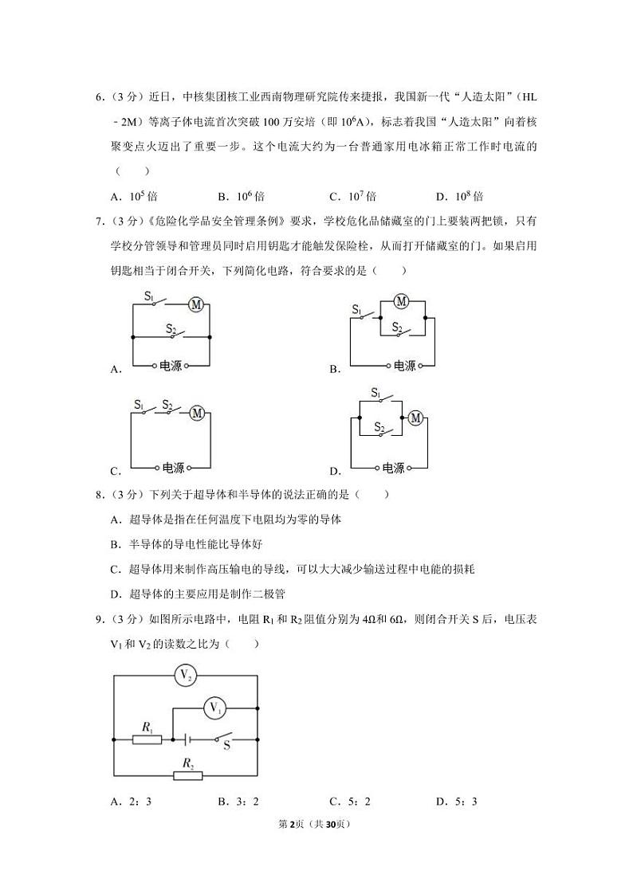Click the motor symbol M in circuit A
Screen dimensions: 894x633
point(196,303)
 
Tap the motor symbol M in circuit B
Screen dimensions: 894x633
point(402,301)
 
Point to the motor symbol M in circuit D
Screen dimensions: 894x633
point(415,418)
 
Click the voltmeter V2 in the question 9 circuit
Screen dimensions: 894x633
point(186,675)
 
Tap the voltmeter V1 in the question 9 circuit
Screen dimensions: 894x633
point(214,706)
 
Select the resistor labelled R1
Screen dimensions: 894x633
point(147,739)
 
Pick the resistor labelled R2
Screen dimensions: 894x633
point(188,775)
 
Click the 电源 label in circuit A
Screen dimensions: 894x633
point(171,366)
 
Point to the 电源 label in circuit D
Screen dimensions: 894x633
point(393,468)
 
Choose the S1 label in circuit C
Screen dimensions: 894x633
point(139,405)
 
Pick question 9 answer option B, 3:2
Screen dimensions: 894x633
point(241,802)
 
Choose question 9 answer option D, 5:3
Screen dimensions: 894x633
point(456,802)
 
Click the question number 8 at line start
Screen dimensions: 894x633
point(99,495)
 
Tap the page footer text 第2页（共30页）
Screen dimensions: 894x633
point(316,824)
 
